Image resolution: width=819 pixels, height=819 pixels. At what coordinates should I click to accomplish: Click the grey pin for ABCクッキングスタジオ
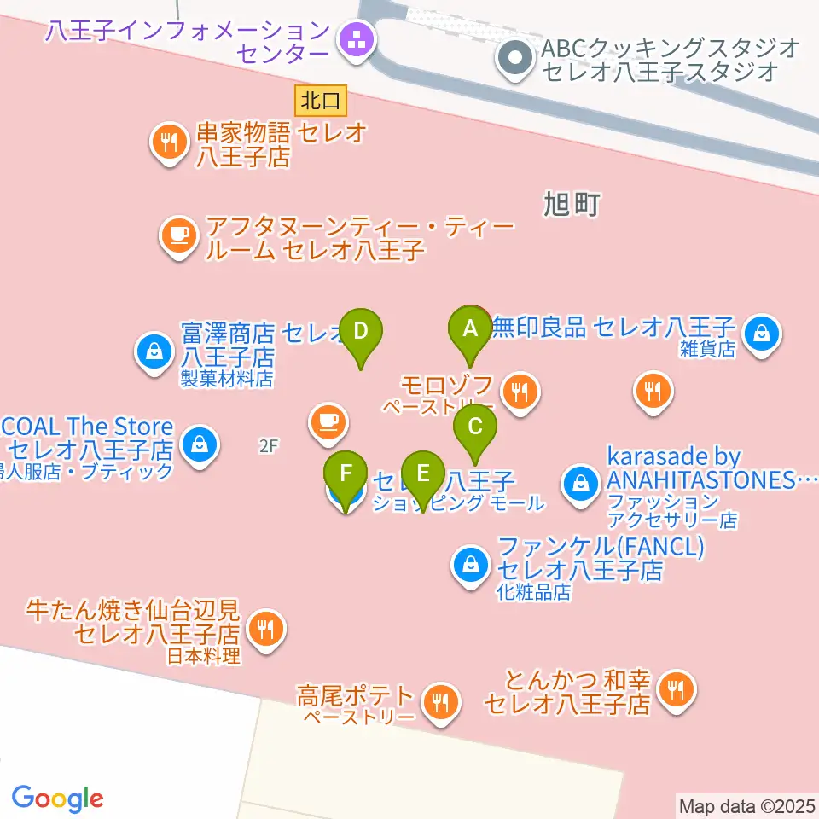514,61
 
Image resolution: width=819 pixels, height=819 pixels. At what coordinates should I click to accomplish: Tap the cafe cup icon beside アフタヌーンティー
178,236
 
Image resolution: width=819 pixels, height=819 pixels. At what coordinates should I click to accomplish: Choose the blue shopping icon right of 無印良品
760,332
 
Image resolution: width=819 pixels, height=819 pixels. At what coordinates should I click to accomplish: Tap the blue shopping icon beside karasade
580,485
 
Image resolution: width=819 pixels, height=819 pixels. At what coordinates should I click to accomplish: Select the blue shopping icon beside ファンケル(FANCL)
470,566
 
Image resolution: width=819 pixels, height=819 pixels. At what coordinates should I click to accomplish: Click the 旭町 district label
572,205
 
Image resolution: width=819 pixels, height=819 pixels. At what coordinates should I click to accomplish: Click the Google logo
57,799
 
